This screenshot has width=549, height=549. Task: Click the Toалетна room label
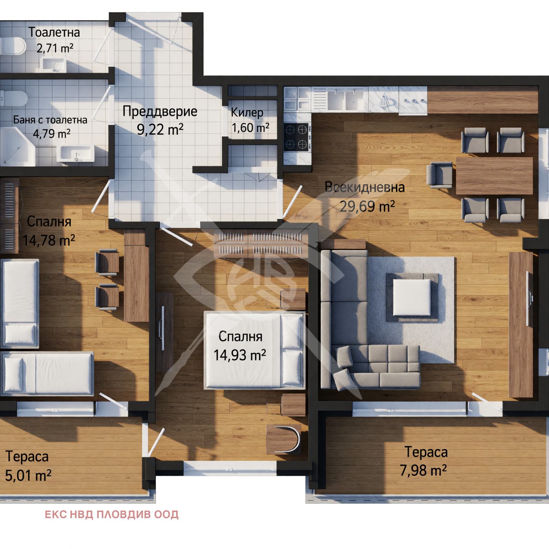tap(54, 32)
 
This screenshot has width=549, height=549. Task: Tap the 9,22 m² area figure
tap(160, 129)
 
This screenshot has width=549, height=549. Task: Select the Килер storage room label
tap(247, 112)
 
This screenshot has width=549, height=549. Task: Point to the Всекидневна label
tap(365, 187)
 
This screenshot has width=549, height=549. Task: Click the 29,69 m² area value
tap(367, 206)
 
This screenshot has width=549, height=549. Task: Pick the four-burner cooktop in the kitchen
tap(297, 137)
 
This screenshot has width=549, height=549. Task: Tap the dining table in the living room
tap(494, 176)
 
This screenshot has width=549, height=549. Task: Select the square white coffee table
tap(412, 297)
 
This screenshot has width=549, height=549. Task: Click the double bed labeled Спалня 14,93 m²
tap(254, 350)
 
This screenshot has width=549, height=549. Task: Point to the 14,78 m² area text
tap(49, 240)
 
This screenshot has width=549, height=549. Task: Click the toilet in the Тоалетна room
tap(13, 46)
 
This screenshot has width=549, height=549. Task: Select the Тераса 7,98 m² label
tap(424, 461)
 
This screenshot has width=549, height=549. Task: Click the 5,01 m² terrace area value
tap(28, 476)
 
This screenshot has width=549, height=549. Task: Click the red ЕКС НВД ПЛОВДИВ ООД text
tap(112, 515)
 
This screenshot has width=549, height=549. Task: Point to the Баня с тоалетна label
tap(50, 120)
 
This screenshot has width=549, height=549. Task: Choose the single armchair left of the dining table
tap(440, 175)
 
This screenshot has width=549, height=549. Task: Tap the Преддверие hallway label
tap(160, 111)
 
